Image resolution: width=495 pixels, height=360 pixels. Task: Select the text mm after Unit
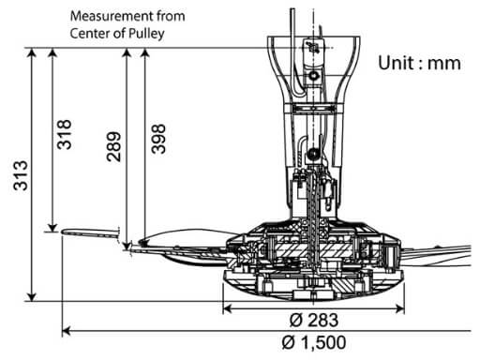pos(446,63)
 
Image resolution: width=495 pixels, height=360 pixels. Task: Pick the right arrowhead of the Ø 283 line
pos(402,309)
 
